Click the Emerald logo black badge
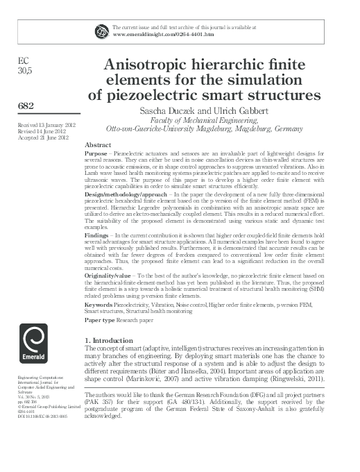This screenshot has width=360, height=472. (34, 351)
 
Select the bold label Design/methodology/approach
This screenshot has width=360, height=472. (126, 196)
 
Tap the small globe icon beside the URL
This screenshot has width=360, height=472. (101, 30)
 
